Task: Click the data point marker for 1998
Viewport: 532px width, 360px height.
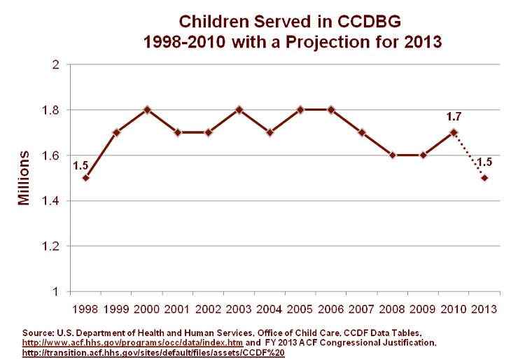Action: click(x=85, y=178)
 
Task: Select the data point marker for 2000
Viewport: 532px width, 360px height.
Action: click(x=147, y=110)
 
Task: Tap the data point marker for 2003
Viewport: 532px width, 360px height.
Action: click(x=239, y=110)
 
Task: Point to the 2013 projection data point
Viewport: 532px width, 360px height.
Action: click(x=484, y=178)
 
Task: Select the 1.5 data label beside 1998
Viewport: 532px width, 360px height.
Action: click(x=80, y=165)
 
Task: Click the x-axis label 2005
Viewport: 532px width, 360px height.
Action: click(x=300, y=308)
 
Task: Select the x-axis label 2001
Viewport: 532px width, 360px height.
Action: click(x=178, y=308)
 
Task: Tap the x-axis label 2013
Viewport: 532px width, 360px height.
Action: click(x=484, y=308)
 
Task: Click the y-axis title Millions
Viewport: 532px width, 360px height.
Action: click(x=24, y=178)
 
